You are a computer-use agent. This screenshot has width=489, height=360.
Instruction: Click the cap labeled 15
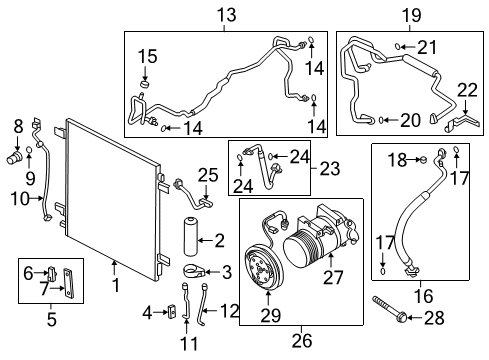[146, 85]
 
